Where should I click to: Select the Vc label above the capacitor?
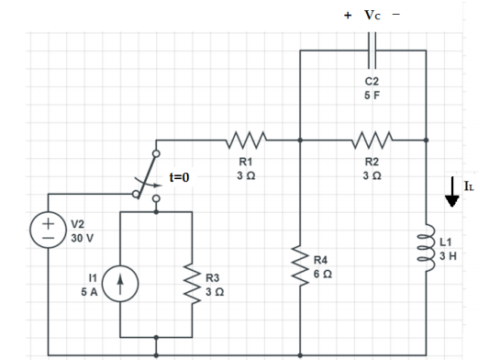pyautogui.click(x=372, y=15)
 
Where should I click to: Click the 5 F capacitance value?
pyautogui.click(x=371, y=93)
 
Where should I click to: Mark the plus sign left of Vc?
pyautogui.click(x=348, y=16)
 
